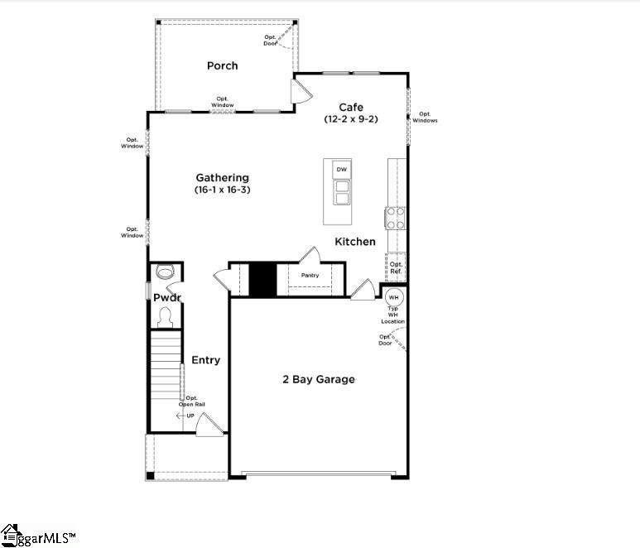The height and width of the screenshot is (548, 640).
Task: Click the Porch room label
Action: tap(222, 65)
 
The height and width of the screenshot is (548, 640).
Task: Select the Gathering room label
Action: tap(222, 177)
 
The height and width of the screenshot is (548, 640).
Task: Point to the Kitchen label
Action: tap(355, 242)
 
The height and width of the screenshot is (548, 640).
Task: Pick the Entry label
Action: tap(206, 360)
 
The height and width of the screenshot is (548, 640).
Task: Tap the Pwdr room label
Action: tap(166, 297)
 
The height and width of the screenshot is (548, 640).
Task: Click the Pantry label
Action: tap(310, 275)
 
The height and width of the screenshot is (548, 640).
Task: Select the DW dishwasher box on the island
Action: tap(341, 169)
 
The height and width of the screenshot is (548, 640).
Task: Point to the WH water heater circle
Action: tap(394, 297)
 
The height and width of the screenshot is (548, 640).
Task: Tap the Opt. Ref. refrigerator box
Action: tap(396, 267)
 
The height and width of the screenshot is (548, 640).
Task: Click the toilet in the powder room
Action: tap(164, 272)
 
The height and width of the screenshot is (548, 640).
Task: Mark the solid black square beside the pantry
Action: tap(262, 279)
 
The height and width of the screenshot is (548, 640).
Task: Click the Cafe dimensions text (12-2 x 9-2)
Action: tap(351, 119)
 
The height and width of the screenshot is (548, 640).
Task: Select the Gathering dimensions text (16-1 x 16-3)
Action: tap(222, 190)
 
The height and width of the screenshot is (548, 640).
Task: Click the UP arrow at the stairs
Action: tap(185, 416)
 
